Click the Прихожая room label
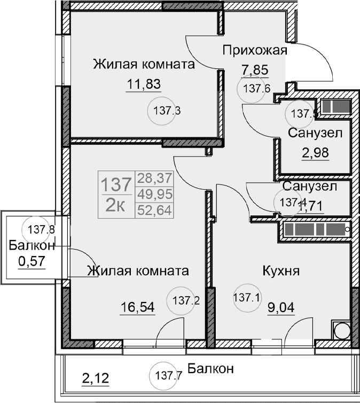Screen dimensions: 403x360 [x=255, y=51]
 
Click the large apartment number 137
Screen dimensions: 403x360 [x=116, y=185]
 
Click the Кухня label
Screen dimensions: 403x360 [x=280, y=270]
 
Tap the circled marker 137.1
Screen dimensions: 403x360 [x=247, y=297]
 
